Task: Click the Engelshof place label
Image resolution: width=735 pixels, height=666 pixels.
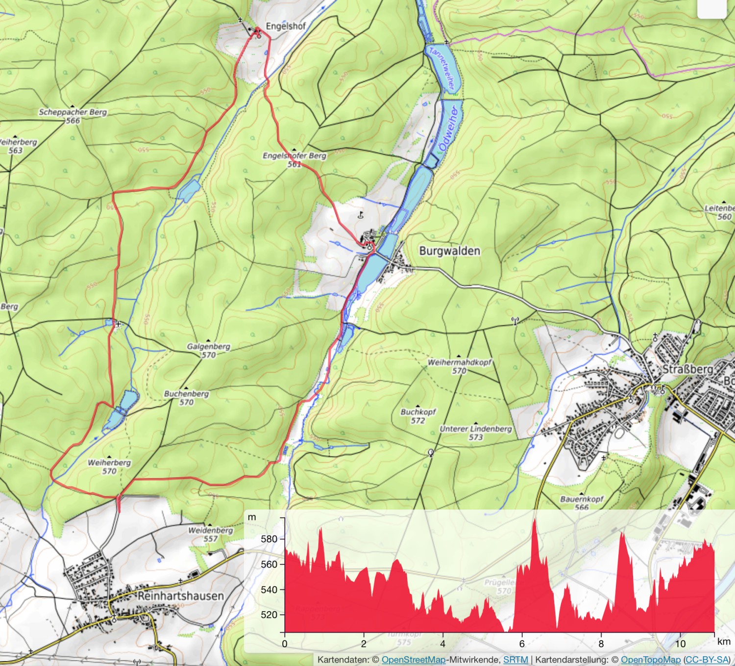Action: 285,26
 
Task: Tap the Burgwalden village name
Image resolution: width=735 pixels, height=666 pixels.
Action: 449,251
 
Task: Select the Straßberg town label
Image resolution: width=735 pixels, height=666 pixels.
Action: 687,369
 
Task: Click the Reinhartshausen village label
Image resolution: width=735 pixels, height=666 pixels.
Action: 180,596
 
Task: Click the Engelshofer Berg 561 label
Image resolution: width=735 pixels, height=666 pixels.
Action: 294,159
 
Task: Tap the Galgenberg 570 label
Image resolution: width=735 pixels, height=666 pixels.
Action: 208,350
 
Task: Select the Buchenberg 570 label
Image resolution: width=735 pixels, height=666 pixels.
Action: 186,398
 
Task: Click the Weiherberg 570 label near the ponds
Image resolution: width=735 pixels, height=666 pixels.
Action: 109,466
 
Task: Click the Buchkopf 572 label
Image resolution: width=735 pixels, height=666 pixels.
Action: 418,416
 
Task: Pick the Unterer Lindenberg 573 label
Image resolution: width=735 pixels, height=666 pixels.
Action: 475,433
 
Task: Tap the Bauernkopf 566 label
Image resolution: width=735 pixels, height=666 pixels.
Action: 582,503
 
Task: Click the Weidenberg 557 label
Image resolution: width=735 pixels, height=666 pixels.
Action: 211,534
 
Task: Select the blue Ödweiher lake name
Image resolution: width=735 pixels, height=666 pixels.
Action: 449,128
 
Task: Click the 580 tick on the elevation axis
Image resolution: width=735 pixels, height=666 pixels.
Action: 269,538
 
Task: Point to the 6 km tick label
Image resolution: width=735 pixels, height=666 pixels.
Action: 522,643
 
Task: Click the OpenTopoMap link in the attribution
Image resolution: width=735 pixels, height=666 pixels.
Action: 650,660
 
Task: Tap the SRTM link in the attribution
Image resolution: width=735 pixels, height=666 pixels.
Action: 515,660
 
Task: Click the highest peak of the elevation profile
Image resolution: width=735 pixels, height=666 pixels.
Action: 535,520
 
